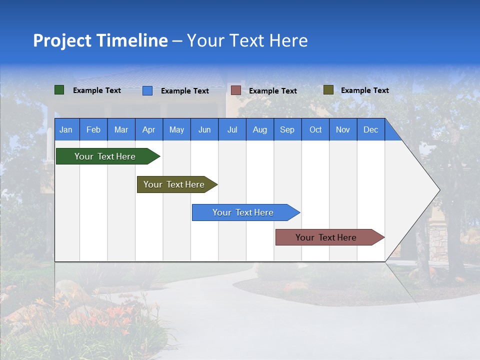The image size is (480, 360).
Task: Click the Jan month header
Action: [x=66, y=130]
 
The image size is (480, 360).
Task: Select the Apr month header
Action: [x=148, y=130]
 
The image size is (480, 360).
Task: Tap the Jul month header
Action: [x=232, y=130]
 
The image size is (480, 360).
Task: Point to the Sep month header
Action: [x=287, y=130]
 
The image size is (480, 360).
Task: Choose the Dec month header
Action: [x=370, y=130]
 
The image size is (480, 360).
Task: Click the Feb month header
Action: [x=93, y=130]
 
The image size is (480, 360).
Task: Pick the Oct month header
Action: [x=315, y=130]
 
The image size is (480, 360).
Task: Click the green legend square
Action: [x=59, y=90]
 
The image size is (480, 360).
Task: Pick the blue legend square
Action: [x=147, y=90]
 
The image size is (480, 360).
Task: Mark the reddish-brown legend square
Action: [x=236, y=90]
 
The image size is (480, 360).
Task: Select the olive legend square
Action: [x=328, y=90]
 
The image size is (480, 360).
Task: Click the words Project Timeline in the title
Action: [x=100, y=40]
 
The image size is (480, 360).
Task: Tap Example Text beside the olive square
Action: [x=364, y=90]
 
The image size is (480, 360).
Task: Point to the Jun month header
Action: [x=204, y=130]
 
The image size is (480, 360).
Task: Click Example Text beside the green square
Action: [x=97, y=90]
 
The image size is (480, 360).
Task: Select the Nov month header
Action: [x=343, y=130]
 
